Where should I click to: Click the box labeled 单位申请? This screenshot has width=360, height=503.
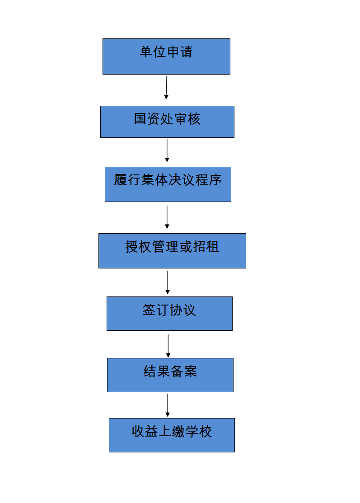[166, 56]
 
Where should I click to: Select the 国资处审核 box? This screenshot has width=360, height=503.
[167, 122]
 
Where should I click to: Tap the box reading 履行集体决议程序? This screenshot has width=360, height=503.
[168, 184]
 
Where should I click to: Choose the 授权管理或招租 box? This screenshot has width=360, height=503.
[172, 251]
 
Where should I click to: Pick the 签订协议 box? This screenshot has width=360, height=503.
[169, 314]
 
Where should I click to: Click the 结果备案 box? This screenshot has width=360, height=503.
[170, 375]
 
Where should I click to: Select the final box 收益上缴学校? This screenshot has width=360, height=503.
[172, 435]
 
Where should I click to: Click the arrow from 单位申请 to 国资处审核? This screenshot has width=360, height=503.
[166, 88]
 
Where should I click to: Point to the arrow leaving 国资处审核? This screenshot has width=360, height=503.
[167, 150]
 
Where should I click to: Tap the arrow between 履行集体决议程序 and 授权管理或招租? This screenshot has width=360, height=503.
[167, 217]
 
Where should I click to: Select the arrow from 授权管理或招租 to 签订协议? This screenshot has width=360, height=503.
[167, 282]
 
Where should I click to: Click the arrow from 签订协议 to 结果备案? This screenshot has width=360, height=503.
[168, 346]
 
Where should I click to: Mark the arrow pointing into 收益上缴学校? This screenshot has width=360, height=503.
[167, 405]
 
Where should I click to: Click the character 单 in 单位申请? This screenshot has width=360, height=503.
[146, 52]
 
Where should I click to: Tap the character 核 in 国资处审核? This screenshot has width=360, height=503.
[194, 119]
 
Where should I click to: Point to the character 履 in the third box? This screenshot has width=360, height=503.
[121, 180]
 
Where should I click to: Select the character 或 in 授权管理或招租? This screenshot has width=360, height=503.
[186, 247]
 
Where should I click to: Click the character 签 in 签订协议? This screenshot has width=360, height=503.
[149, 310]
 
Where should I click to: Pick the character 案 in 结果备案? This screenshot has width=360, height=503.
[191, 371]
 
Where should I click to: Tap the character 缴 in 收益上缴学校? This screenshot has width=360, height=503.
[178, 431]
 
